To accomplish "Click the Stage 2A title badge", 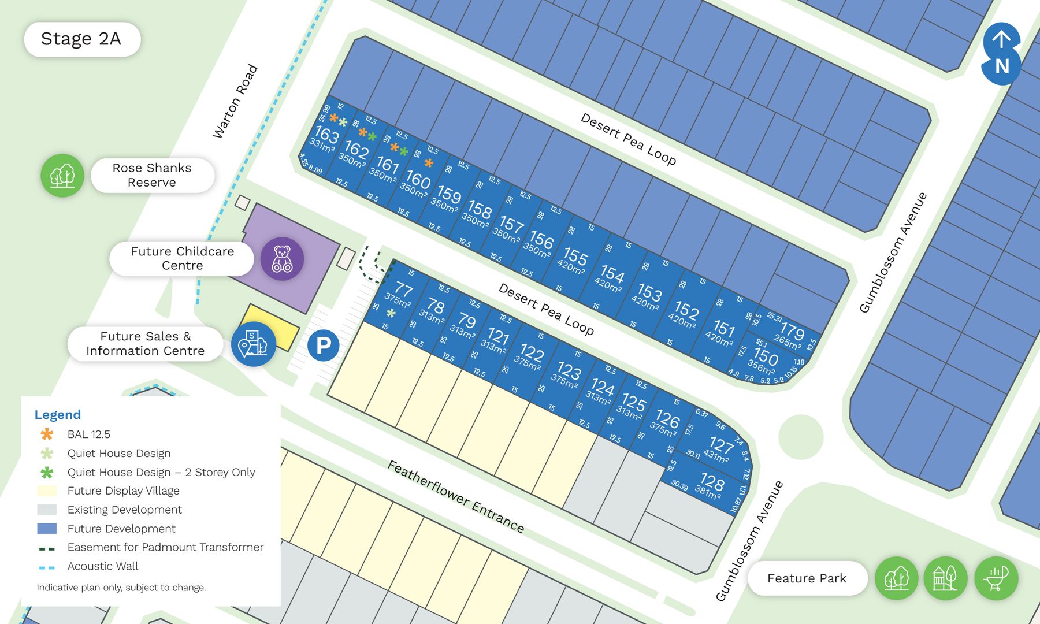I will [81, 39].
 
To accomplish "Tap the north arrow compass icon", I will [1001, 53].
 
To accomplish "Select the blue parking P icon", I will [323, 346].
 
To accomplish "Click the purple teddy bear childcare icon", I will [282, 259].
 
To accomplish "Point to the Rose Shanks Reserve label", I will [152, 175].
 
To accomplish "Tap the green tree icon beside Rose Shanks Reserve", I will [62, 175].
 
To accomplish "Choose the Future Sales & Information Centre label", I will [145, 343].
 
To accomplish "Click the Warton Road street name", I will [235, 102].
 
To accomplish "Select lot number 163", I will [326, 134].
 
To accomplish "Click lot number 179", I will [792, 332].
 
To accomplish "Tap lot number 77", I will [404, 289].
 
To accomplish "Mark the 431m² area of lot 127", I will [716, 456].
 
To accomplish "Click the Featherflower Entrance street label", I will [456, 496].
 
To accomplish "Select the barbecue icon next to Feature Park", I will [996, 578].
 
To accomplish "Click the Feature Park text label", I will [807, 578].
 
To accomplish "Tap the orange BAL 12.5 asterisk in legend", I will [47, 434].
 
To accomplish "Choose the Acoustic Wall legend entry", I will [102, 566].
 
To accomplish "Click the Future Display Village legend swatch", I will [47, 491].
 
